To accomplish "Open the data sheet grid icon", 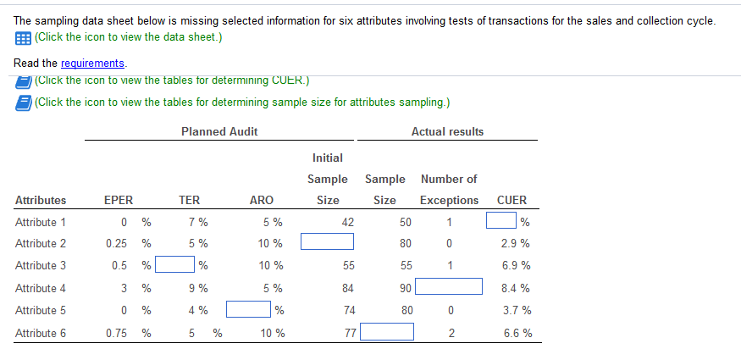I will click(x=22, y=38).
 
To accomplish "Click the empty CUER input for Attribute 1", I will click(x=501, y=222).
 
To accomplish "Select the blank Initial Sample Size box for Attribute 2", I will click(x=327, y=243).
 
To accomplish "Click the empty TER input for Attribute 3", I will click(x=174, y=265).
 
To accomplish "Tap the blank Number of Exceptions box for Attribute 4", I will click(x=448, y=288).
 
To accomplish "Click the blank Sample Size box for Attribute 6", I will click(x=387, y=332).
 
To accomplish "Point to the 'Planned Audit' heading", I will click(x=219, y=131).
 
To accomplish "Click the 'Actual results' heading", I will click(x=447, y=131).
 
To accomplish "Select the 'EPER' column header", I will click(x=118, y=201).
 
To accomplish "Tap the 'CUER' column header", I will click(x=512, y=201).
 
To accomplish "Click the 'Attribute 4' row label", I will click(x=41, y=288).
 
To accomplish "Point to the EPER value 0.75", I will click(x=118, y=333).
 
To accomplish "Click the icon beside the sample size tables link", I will click(x=23, y=102).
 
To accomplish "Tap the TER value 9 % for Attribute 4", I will click(x=198, y=288).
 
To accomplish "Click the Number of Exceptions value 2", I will click(x=451, y=333).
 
